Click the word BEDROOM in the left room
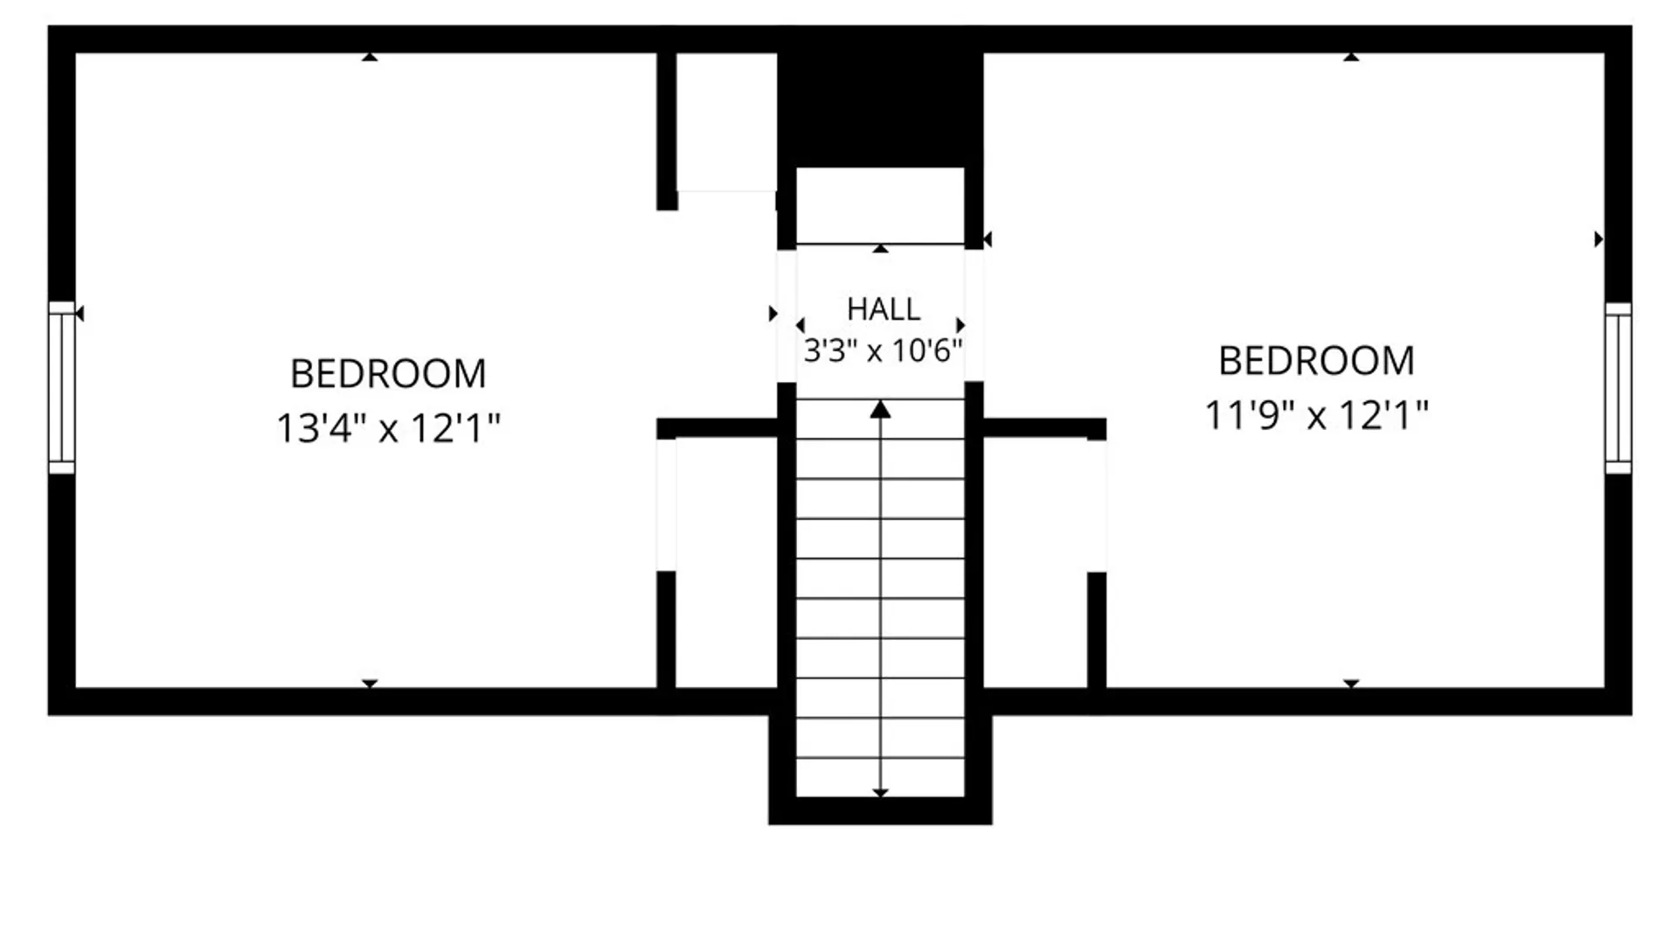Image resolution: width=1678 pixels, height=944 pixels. click(388, 374)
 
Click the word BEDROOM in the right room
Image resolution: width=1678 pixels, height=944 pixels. click(1316, 361)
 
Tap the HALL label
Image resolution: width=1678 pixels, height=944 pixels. click(883, 309)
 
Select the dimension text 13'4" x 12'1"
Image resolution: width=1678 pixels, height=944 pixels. click(388, 428)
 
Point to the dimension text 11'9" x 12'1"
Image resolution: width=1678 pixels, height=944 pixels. click(1316, 415)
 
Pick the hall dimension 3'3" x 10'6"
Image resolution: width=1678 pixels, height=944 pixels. click(883, 351)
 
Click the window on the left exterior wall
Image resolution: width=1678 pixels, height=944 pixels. click(61, 387)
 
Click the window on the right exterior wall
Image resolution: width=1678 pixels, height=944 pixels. click(1618, 388)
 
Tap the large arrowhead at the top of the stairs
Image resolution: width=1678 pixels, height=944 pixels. click(880, 409)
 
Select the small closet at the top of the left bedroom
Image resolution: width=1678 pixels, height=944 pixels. click(726, 122)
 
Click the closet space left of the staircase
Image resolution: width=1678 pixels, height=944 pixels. click(726, 562)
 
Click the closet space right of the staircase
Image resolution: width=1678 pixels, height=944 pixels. click(1036, 562)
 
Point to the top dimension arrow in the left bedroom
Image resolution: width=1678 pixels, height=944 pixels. click(370, 57)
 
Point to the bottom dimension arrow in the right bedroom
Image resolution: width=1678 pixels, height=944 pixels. click(1351, 684)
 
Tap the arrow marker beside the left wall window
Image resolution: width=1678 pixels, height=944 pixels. click(80, 313)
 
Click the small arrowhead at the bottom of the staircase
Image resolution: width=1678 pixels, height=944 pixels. click(880, 793)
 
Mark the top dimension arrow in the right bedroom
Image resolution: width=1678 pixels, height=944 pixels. click(1351, 57)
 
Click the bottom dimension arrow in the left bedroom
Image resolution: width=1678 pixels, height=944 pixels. click(370, 684)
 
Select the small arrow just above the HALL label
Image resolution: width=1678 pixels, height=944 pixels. click(880, 249)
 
